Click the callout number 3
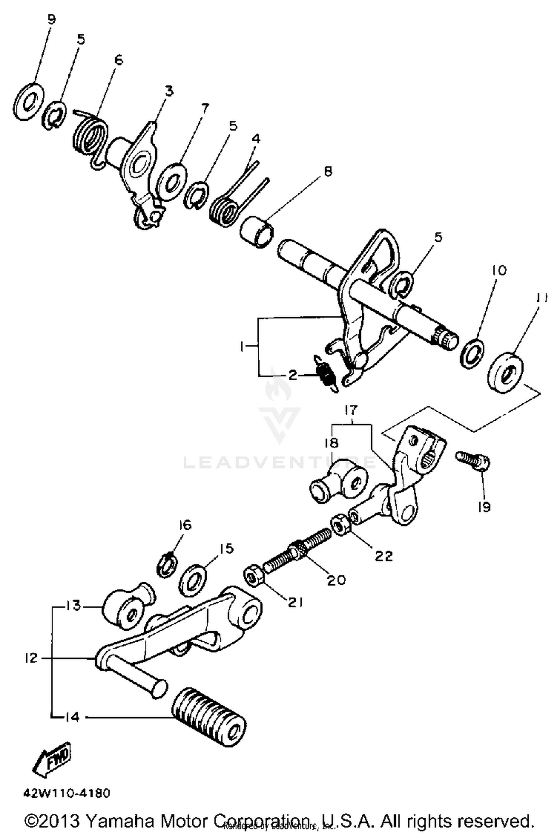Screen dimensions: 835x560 [169, 90]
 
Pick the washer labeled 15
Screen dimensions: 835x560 [193, 580]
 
